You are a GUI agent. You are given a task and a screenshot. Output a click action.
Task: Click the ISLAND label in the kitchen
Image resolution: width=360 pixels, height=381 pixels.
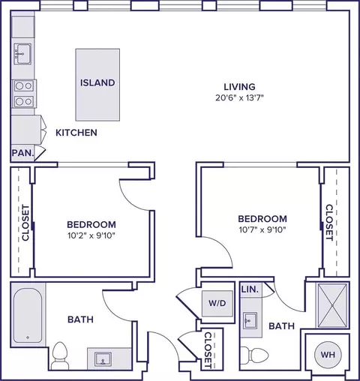(97, 82)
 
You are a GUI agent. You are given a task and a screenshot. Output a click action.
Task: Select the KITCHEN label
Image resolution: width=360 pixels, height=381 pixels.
(76, 133)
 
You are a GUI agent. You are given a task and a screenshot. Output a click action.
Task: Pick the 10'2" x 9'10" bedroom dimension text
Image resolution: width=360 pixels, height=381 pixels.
(91, 235)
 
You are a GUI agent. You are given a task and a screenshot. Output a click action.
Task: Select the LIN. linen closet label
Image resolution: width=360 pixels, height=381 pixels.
(250, 289)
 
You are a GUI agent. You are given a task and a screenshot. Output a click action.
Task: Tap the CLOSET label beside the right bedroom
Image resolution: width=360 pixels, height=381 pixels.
(328, 223)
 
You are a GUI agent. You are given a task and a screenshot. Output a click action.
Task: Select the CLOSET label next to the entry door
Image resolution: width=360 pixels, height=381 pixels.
(208, 349)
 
